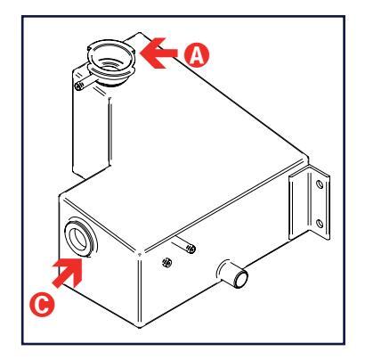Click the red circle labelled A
click(196, 54)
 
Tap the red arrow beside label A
click(158, 53)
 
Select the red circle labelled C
click(42, 305)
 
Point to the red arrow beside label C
click(68, 273)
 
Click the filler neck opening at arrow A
click(110, 58)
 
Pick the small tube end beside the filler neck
click(78, 86)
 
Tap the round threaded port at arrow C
click(80, 239)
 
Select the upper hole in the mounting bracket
click(320, 184)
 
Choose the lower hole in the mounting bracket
click(320, 223)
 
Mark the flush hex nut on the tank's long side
click(166, 262)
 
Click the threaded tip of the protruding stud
click(192, 249)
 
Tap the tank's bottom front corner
click(140, 327)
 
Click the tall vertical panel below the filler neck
click(91, 131)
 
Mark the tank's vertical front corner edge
click(140, 290)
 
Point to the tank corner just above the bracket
click(307, 158)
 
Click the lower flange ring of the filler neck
click(111, 75)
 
